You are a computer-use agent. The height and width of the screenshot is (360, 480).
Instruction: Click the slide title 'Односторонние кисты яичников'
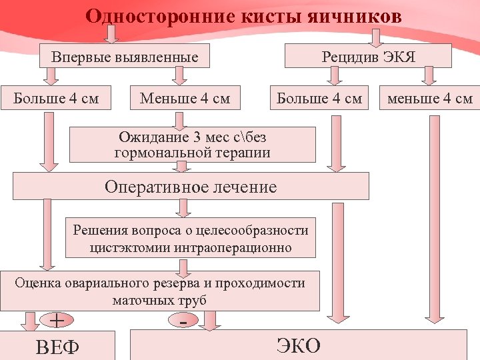(x=243, y=15)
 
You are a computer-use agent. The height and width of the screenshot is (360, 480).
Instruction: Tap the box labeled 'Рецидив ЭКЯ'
(x=368, y=57)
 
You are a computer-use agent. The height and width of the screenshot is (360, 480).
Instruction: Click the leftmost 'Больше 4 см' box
(x=56, y=99)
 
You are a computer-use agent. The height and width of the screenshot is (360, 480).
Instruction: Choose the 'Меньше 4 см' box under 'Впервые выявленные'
(x=185, y=99)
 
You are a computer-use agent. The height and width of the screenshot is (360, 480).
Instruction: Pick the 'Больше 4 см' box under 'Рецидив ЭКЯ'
(x=319, y=99)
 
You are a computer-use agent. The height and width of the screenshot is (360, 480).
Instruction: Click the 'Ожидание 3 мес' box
(x=192, y=145)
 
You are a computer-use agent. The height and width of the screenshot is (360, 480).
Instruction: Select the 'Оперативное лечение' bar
(x=191, y=186)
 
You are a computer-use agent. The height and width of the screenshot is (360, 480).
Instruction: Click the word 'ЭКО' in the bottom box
(x=298, y=345)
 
